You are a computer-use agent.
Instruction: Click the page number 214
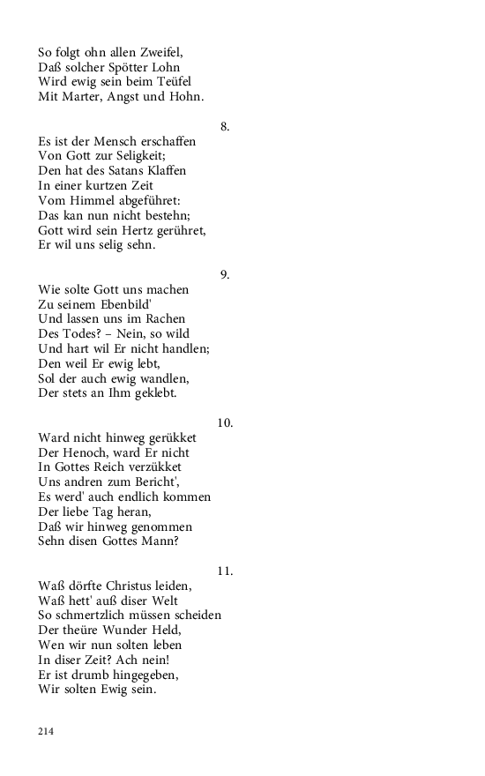(x=46, y=731)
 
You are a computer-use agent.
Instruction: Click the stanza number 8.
(x=225, y=126)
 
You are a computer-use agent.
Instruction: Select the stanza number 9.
(x=225, y=274)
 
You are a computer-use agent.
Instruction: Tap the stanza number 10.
(x=225, y=422)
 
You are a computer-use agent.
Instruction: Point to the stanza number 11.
(x=225, y=571)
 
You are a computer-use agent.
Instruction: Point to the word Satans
(x=128, y=170)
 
